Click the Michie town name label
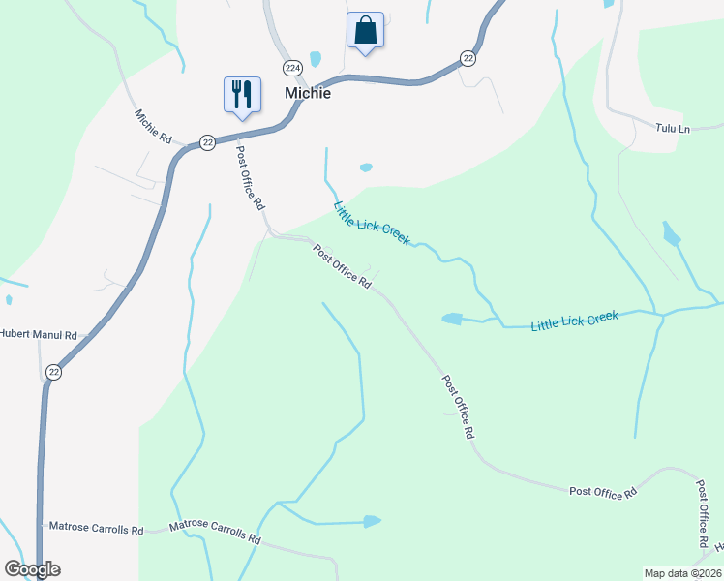tap(308, 93)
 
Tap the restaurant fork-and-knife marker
tap(240, 95)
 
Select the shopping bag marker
tap(365, 30)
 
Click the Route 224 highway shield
tap(292, 67)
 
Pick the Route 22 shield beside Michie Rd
tap(207, 142)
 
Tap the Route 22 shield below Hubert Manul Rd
tap(54, 372)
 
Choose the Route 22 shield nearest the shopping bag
tap(468, 59)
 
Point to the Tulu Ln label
tap(672, 128)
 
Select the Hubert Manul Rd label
tap(38, 334)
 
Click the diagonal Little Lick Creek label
tap(371, 222)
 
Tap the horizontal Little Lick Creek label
tap(574, 321)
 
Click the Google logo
tap(32, 569)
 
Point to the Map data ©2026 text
tap(682, 572)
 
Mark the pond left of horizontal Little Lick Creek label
tap(452, 318)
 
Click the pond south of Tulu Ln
tap(671, 233)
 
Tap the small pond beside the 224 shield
tap(314, 57)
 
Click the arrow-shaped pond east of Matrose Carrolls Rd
tap(372, 522)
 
